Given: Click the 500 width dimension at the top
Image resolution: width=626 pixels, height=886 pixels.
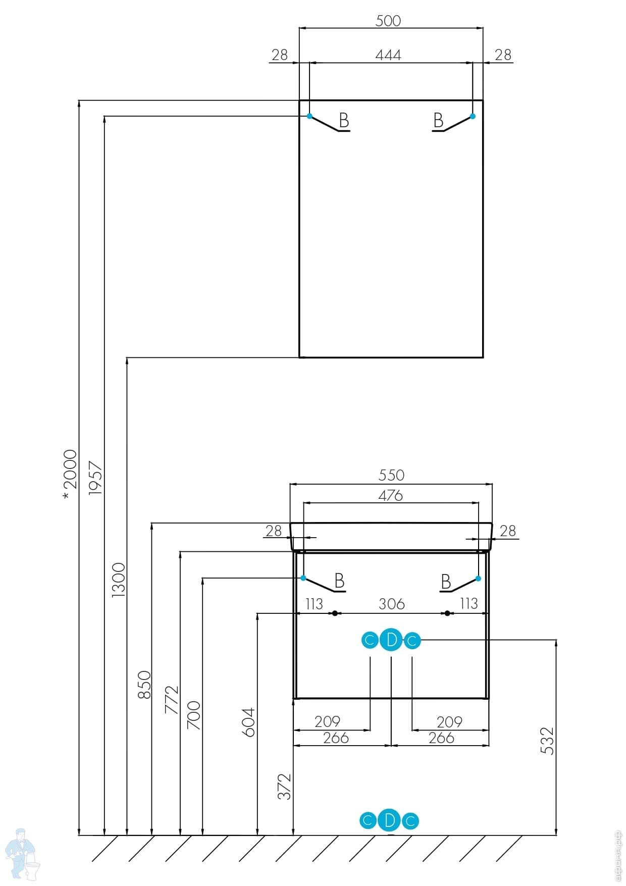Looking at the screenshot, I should tap(388, 21).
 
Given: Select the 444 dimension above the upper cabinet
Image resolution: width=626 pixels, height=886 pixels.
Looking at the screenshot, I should tap(388, 55).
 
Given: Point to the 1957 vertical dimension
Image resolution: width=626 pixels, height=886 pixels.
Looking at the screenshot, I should tap(95, 478).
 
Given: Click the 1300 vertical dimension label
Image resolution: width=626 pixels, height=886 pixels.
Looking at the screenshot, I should tap(118, 580).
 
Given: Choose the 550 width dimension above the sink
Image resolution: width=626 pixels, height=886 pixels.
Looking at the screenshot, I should tap(391, 475).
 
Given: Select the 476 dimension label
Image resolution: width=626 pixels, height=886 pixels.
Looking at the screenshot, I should tap(391, 495).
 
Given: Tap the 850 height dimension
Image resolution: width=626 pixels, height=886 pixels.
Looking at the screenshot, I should tap(144, 685).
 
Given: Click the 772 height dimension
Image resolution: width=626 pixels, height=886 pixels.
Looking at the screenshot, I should tap(172, 699).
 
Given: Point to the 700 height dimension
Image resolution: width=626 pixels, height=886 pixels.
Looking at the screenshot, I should tap(194, 715).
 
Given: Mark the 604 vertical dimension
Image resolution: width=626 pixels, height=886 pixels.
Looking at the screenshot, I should tap(249, 722).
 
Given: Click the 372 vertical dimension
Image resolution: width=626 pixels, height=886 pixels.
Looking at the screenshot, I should tap(285, 787).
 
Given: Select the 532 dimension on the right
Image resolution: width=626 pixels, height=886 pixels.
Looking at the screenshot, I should tap(547, 741).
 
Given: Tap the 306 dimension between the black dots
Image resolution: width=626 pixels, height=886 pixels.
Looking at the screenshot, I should tap(392, 604).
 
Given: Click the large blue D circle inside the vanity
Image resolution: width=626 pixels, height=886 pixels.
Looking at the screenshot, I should tap(391, 640).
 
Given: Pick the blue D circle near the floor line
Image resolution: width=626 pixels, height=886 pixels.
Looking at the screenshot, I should tap(389, 820).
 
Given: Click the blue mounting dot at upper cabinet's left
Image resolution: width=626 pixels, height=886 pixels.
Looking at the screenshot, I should tap(310, 116).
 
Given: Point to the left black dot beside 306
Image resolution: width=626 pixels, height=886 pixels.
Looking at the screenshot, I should tap(335, 613).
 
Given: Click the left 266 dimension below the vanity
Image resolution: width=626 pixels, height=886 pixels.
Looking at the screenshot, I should tap(336, 738).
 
